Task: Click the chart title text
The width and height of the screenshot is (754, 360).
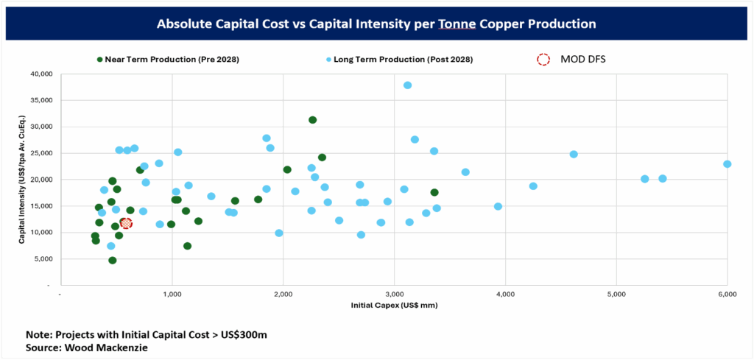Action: point(376,24)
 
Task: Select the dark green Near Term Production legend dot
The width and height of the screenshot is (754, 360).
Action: point(99,59)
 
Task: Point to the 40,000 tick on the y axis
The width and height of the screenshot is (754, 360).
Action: point(41,74)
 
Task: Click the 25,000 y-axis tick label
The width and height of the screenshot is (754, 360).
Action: point(41,153)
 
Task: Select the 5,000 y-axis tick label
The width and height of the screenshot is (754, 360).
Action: point(43,259)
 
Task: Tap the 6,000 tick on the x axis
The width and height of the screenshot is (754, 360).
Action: point(727,294)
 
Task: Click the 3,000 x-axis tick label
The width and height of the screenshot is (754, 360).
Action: point(394,294)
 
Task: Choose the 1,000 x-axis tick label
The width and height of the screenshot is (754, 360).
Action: point(172,294)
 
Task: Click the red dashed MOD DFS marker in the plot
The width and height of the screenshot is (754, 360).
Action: point(127,223)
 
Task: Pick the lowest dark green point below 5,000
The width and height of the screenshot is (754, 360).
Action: point(113,260)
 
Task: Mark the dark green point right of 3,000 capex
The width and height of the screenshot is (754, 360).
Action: point(434,193)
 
